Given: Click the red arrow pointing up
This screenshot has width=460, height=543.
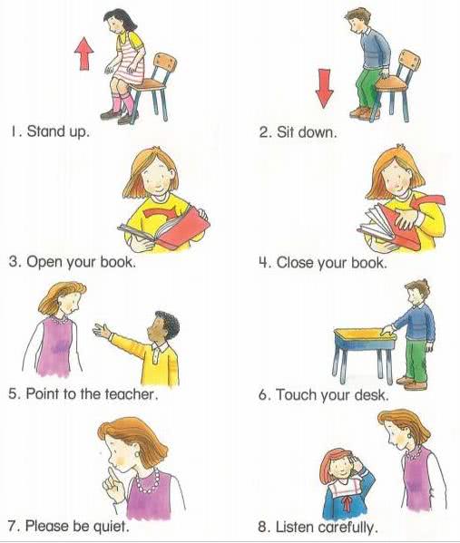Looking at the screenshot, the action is (83, 54).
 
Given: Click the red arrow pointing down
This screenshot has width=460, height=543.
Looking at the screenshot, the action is (325, 88).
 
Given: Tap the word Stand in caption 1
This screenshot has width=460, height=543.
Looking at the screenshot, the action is (45, 131).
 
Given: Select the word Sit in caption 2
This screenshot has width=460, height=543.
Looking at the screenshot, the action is (285, 132).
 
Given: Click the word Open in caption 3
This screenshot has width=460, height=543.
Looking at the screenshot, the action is (45, 262).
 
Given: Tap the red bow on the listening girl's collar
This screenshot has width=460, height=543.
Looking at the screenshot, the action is (347, 502).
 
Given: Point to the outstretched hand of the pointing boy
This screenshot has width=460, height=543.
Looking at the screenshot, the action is (102, 330).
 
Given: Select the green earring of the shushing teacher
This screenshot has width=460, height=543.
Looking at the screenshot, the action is (137, 453).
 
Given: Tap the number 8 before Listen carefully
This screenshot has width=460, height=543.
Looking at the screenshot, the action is (263, 527).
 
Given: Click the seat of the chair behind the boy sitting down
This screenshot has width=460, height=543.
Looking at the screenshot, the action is (390, 84).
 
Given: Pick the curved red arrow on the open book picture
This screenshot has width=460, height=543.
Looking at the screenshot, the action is (161, 214).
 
